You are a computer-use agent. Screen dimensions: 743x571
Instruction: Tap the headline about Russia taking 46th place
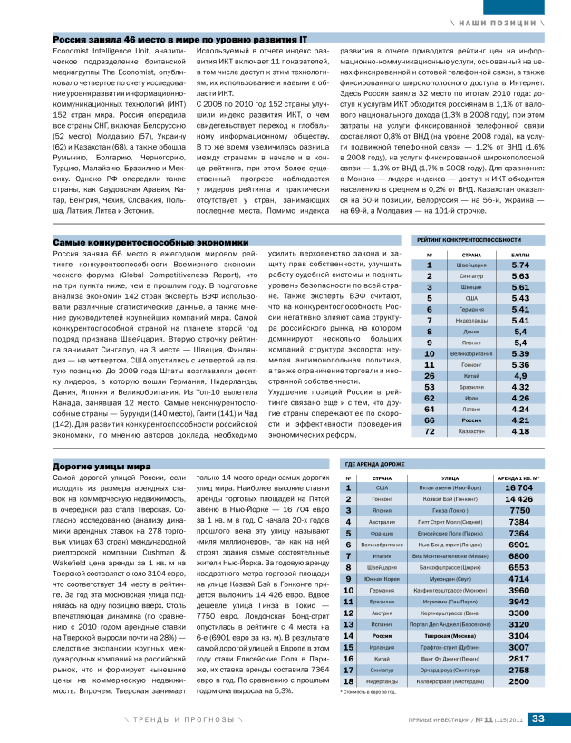[x=179, y=41]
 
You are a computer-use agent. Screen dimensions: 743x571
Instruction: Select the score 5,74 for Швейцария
[x=520, y=291]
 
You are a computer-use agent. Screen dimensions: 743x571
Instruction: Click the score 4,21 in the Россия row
[x=520, y=420]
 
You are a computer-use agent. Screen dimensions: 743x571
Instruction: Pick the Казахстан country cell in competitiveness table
[x=470, y=432]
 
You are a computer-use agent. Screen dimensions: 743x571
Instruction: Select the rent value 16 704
[x=518, y=487]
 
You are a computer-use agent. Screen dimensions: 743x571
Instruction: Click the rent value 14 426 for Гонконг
[x=518, y=498]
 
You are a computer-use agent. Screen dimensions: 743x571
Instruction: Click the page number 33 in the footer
[x=537, y=719]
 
